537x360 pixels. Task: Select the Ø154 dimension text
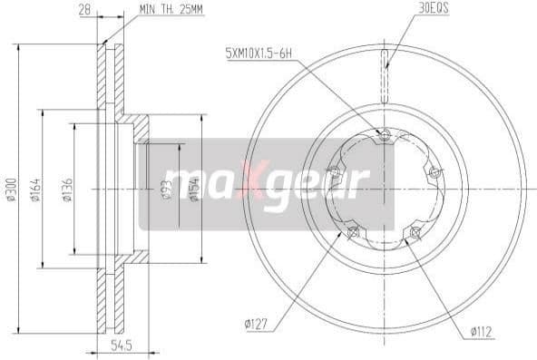click(x=193, y=190)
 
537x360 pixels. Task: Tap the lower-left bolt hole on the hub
click(x=352, y=235)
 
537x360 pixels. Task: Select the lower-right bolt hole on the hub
click(x=415, y=235)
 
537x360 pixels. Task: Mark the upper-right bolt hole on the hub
click(x=434, y=174)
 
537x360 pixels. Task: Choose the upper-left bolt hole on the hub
click(x=334, y=174)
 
